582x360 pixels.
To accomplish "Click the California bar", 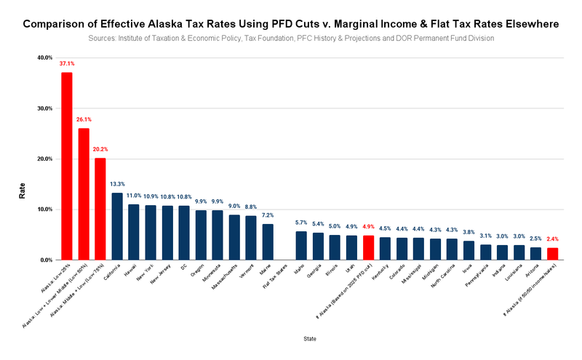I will click(116, 226).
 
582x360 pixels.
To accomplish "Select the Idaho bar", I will click(301, 245).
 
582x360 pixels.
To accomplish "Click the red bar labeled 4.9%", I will click(368, 247).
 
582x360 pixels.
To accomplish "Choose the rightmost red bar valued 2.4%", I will click(553, 254).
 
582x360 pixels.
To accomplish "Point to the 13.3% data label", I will click(116, 184).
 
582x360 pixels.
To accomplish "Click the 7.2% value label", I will click(268, 215).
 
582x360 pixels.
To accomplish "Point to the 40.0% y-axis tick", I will click(44, 57).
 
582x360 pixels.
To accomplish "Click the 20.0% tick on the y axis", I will click(44, 159).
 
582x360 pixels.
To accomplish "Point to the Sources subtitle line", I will click(291, 37).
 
